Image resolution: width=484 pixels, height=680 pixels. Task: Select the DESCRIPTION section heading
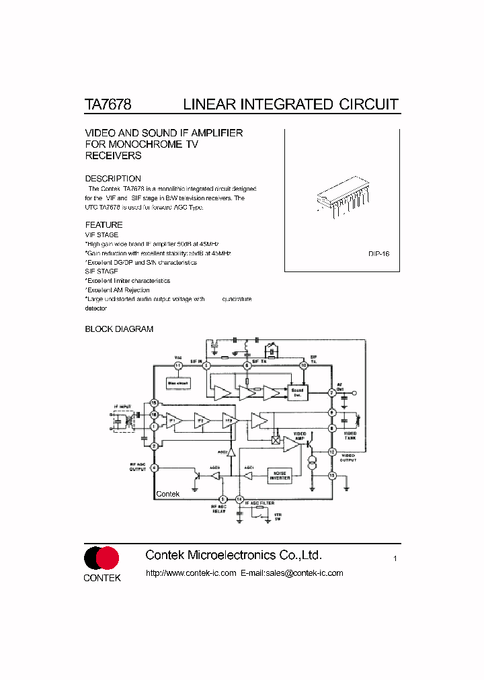[113, 179]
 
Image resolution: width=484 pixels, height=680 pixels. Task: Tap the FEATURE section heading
[104, 225]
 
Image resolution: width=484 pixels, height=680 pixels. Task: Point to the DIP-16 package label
[379, 254]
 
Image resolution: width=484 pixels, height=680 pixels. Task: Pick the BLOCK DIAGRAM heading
[119, 329]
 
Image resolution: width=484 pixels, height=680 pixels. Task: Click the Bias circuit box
[178, 384]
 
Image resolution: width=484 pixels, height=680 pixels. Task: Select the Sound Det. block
[297, 392]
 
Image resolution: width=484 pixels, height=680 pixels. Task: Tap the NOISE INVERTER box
[280, 475]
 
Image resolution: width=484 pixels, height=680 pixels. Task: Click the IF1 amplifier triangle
[173, 421]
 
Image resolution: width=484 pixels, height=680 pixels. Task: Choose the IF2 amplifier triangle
[200, 421]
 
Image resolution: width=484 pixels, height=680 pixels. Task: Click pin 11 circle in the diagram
[178, 366]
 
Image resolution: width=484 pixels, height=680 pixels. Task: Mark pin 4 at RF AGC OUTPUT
[154, 468]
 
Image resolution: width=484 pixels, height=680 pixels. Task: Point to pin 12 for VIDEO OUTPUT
[331, 452]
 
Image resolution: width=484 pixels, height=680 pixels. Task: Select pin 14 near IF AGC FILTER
[239, 499]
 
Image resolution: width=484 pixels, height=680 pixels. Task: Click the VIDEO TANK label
[350, 435]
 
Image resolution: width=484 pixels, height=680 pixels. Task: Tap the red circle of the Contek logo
[108, 558]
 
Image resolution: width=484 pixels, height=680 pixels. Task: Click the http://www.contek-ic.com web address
[191, 573]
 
